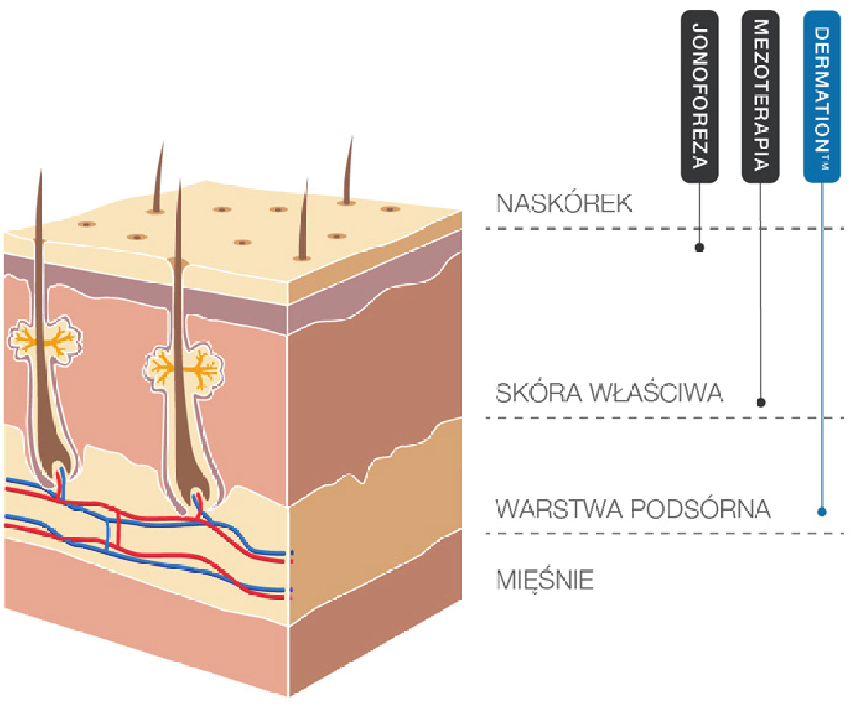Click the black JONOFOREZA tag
[699, 96]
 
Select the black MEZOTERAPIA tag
[760, 96]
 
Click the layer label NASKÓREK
[564, 203]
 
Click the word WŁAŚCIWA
[654, 394]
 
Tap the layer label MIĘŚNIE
[545, 581]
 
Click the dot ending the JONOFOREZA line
[699, 247]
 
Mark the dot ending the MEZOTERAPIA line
[761, 402]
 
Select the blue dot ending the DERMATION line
[822, 512]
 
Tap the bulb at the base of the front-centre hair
[196, 497]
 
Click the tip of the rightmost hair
[351, 139]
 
